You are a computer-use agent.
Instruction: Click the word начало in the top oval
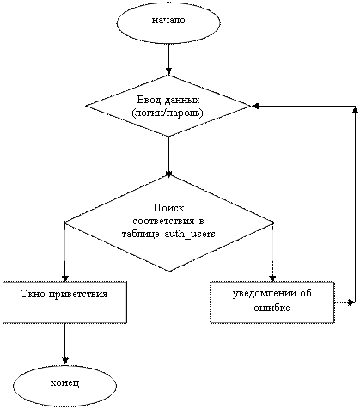click(168, 21)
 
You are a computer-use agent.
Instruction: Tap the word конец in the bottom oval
click(64, 382)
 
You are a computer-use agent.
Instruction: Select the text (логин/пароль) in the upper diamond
click(168, 113)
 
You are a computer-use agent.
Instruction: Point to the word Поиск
click(168, 208)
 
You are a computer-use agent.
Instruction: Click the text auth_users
click(190, 234)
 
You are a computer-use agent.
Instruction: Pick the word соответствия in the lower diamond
click(162, 222)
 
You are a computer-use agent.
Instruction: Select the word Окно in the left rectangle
click(32, 294)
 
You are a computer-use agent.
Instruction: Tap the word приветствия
click(77, 295)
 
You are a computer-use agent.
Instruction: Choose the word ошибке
click(272, 308)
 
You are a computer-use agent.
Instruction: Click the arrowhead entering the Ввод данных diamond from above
click(168, 70)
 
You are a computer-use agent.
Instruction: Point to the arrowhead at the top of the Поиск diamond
click(168, 174)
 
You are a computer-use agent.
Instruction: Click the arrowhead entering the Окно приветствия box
click(65, 278)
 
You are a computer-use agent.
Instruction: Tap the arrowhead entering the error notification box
click(272, 278)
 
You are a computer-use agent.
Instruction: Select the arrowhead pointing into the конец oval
click(65, 360)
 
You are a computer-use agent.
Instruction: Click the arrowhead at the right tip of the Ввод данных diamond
click(255, 106)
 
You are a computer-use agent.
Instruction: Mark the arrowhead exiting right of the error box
click(351, 302)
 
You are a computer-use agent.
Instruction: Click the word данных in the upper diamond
click(182, 101)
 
